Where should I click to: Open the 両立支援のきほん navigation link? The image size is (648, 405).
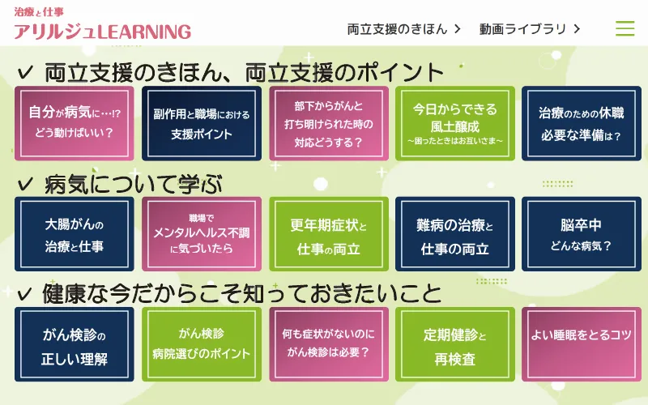click(x=403, y=29)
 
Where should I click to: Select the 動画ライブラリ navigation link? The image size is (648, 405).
click(x=530, y=29)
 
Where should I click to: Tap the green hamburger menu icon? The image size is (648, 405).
click(x=625, y=28)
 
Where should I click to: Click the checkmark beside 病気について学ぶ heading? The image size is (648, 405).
click(x=25, y=184)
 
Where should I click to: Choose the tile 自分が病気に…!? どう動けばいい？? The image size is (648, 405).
click(x=75, y=123)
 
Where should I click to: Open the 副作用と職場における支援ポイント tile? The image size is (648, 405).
click(x=202, y=123)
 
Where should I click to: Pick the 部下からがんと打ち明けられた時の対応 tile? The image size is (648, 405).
click(x=329, y=123)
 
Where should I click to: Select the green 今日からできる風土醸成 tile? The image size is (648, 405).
click(x=455, y=123)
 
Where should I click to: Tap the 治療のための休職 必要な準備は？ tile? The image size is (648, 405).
click(x=582, y=123)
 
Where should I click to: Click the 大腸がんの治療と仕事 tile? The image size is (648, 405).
click(x=75, y=234)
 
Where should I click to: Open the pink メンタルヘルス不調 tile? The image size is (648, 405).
click(x=202, y=234)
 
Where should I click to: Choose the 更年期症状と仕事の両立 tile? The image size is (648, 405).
click(x=329, y=234)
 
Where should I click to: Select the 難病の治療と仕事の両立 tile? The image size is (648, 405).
click(x=455, y=234)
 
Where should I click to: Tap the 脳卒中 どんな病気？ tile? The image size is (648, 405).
click(x=582, y=234)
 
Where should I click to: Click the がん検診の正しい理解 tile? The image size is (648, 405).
click(x=75, y=344)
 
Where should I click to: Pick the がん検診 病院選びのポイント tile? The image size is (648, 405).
click(x=202, y=344)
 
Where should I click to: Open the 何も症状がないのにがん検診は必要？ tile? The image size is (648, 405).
click(x=329, y=344)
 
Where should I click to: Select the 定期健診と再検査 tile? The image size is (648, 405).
click(x=455, y=344)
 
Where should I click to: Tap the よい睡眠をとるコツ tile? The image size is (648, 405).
click(x=582, y=344)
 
